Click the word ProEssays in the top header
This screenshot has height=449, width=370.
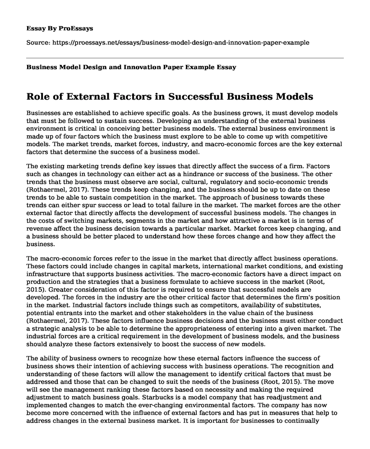point(77,27)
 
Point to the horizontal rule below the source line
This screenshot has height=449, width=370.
point(185,58)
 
